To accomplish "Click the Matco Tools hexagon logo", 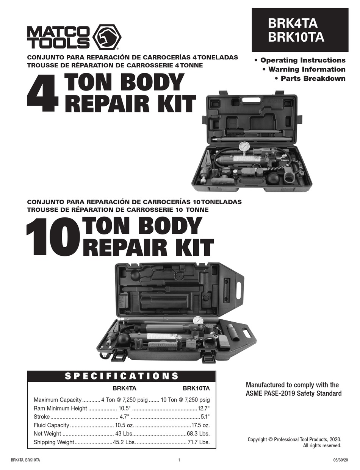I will [x=107, y=37].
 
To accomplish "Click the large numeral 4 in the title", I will [x=42, y=94].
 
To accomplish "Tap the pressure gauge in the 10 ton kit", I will [x=198, y=320].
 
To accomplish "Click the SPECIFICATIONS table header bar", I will [x=122, y=376].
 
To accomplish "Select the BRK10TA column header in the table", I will [x=196, y=388].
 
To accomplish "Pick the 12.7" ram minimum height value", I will [x=203, y=408].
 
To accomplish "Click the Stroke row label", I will [x=42, y=417].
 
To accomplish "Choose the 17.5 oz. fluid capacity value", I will [x=200, y=425].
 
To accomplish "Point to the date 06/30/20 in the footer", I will [x=333, y=460].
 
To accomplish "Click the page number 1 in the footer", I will [x=178, y=460].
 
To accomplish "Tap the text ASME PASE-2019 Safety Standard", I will [x=294, y=393].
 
